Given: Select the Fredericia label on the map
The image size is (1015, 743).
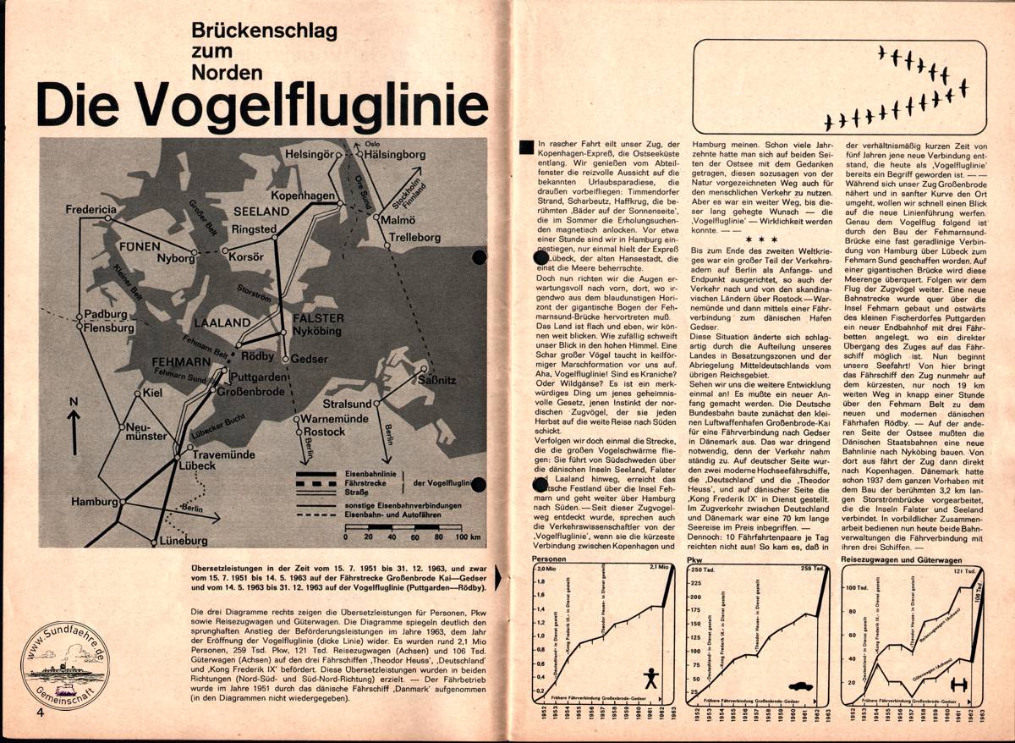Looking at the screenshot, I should coord(93,209).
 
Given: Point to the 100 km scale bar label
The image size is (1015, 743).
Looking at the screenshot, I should coord(469,537).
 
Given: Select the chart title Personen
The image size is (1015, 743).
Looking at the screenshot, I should coord(549,559).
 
